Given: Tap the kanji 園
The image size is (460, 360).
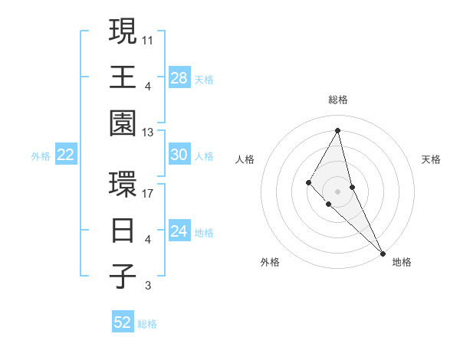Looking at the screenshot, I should click(123, 124).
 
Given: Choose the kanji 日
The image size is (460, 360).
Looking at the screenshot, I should click(123, 231).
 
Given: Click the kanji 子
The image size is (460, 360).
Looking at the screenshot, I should click(123, 277).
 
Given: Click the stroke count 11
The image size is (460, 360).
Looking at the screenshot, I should click(148, 39).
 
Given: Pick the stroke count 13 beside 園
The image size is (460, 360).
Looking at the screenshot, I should click(148, 133).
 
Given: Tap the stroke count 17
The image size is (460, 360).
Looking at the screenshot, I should click(148, 192).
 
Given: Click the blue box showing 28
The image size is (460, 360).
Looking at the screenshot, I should click(179, 78).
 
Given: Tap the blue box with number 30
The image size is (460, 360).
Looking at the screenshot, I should click(179, 155).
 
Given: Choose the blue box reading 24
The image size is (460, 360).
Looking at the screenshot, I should click(179, 231).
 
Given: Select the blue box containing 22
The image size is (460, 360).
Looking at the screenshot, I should click(66, 155).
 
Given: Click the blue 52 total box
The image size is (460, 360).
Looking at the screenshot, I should click(123, 322).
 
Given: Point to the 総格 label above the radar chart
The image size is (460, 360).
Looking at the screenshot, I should click(338, 100).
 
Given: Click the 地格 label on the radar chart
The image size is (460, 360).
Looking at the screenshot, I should click(402, 262).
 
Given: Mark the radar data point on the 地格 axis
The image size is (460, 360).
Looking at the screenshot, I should click(383, 252).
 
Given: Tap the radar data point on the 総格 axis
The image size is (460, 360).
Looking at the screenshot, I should click(338, 130).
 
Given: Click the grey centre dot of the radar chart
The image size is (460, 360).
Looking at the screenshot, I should click(338, 191).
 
